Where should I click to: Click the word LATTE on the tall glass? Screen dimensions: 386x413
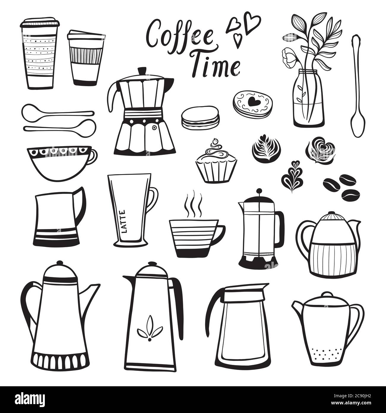(x=123, y=221)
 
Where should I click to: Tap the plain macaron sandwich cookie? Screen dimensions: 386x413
(x=200, y=118)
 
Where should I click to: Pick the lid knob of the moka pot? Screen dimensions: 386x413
(x=142, y=71)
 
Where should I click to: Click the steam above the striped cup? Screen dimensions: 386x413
(x=194, y=204)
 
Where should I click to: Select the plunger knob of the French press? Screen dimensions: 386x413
(x=259, y=191)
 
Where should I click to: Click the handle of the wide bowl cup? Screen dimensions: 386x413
(x=93, y=156)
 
